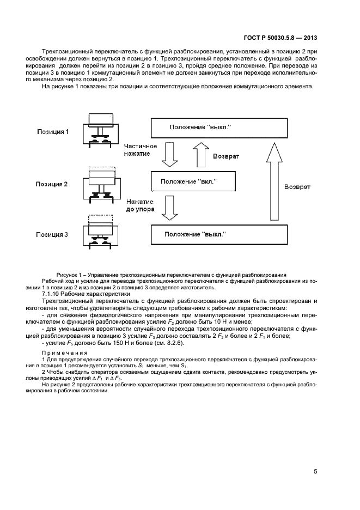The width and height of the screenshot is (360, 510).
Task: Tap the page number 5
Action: pyautogui.click(x=315, y=471)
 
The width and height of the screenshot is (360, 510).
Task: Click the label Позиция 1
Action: pyautogui.click(x=53, y=132)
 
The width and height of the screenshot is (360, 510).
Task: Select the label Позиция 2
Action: pyautogui.click(x=53, y=184)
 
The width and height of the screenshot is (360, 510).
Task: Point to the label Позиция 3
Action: pyautogui.click(x=53, y=235)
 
